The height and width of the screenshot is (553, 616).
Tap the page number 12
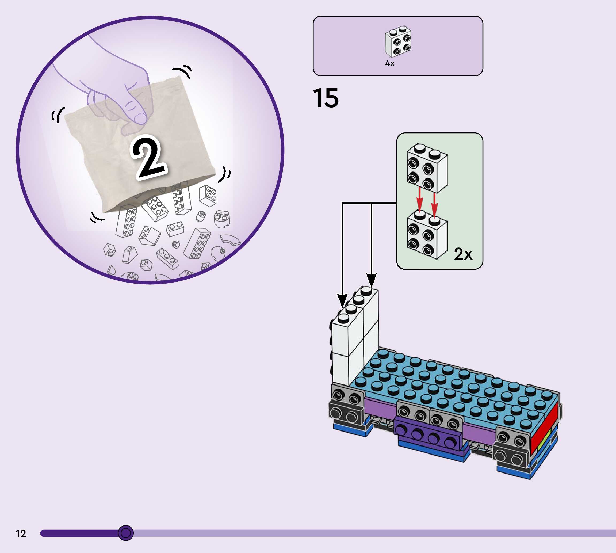click(x=21, y=533)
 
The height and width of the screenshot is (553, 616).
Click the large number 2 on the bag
click(x=148, y=157)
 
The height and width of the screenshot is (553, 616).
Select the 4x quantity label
click(x=390, y=63)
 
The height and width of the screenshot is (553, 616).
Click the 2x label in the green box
click(x=463, y=254)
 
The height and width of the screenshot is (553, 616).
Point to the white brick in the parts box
click(x=398, y=42)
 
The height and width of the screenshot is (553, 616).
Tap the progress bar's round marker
click(x=125, y=533)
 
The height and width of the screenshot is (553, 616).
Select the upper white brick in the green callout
click(x=427, y=168)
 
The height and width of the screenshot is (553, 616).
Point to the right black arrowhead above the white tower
click(x=371, y=280)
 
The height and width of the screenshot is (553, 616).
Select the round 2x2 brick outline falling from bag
click(x=222, y=218)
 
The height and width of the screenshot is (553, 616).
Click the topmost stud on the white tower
click(x=367, y=291)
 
